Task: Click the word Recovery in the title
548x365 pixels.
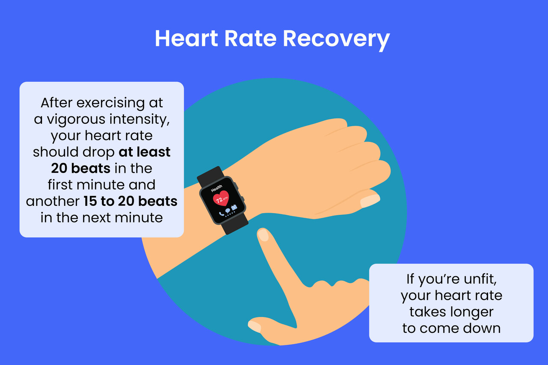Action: pyautogui.click(x=336, y=39)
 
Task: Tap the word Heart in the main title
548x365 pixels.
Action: pyautogui.click(x=186, y=38)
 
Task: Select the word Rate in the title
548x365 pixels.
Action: pyautogui.click(x=250, y=38)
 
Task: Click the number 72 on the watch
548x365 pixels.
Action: pyautogui.click(x=219, y=200)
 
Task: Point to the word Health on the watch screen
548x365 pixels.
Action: pyautogui.click(x=217, y=188)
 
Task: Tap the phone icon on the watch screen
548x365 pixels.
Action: pyautogui.click(x=221, y=214)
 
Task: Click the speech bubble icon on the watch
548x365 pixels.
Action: pyautogui.click(x=228, y=211)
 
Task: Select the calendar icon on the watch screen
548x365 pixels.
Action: pyautogui.click(x=234, y=207)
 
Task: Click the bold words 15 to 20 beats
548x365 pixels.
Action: pyautogui.click(x=131, y=201)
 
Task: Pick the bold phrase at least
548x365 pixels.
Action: pyautogui.click(x=144, y=152)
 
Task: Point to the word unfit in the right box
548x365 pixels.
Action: pyautogui.click(x=480, y=279)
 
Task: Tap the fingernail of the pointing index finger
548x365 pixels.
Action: pyautogui.click(x=263, y=235)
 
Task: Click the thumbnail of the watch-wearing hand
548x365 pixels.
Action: pyautogui.click(x=370, y=201)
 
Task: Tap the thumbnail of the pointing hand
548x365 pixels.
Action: pyautogui.click(x=254, y=326)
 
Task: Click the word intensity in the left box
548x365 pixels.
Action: pyautogui.click(x=140, y=120)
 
